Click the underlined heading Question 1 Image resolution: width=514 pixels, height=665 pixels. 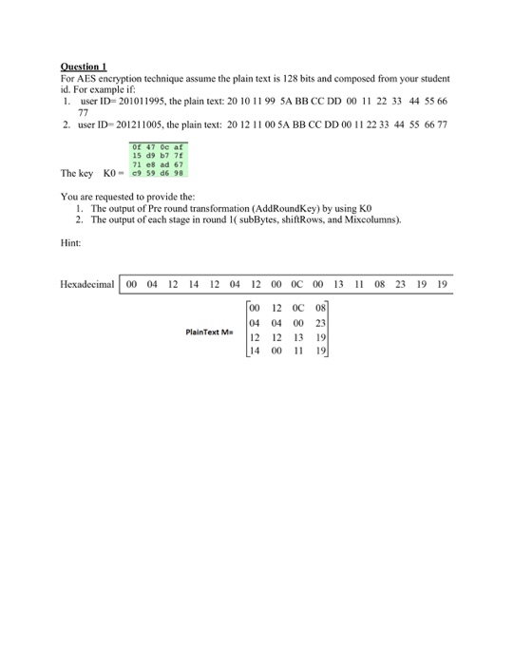pos(82,66)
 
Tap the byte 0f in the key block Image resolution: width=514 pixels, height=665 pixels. pos(136,147)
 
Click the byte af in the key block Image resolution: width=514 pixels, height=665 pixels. pos(179,147)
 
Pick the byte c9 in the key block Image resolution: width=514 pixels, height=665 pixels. pos(136,173)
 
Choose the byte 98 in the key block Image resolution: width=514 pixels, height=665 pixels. pos(179,173)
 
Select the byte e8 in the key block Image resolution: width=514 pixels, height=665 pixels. pos(150,164)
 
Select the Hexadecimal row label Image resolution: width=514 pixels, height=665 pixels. pos(86,283)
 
